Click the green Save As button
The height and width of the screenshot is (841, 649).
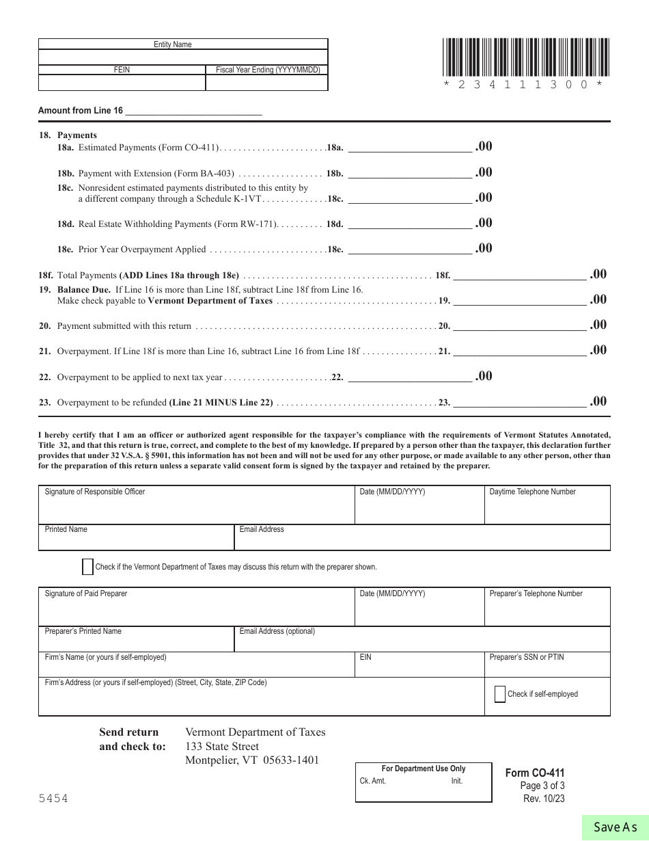click(615, 827)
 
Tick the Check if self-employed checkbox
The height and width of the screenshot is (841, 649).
click(499, 694)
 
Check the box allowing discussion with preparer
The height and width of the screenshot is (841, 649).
click(87, 567)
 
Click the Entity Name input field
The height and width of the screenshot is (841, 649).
click(183, 57)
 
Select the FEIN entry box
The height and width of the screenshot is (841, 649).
click(122, 83)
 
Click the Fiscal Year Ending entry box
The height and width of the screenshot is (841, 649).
click(266, 83)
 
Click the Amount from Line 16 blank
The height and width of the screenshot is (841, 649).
click(193, 109)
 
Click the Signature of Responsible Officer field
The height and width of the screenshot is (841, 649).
click(197, 509)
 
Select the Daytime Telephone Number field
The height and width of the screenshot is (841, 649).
click(547, 509)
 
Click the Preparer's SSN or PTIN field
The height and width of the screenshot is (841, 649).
click(547, 668)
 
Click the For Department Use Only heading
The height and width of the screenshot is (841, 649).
click(423, 769)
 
